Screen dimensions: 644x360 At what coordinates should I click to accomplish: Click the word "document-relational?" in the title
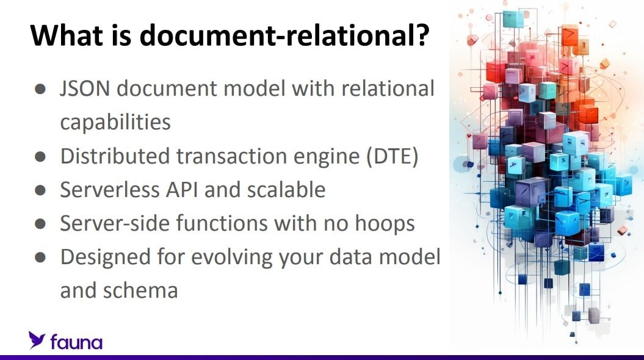tap(284, 35)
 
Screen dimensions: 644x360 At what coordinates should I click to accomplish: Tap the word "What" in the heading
tap(67, 35)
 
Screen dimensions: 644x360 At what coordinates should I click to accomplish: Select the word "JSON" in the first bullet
tap(85, 88)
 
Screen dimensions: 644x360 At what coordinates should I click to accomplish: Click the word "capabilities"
tap(115, 122)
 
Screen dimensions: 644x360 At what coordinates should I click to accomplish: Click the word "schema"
tap(140, 290)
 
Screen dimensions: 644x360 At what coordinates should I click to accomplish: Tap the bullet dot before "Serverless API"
tap(40, 190)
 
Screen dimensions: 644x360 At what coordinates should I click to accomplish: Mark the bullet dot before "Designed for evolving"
tap(40, 257)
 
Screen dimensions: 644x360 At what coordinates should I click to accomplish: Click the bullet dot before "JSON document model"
tap(40, 88)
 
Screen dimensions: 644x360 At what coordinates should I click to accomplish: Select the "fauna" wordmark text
tap(76, 342)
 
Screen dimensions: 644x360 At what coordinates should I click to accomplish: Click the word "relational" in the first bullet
tap(388, 88)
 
